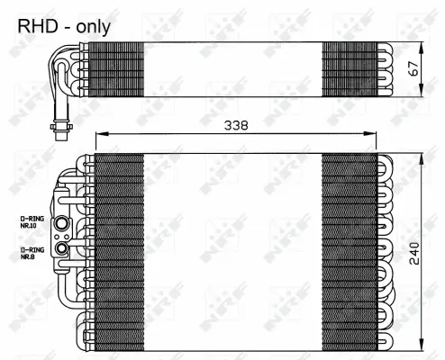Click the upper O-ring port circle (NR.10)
tap(62, 223)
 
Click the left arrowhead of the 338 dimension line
tap(99, 135)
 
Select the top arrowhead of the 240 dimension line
tap(419, 158)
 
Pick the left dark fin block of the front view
tap(119, 247)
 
